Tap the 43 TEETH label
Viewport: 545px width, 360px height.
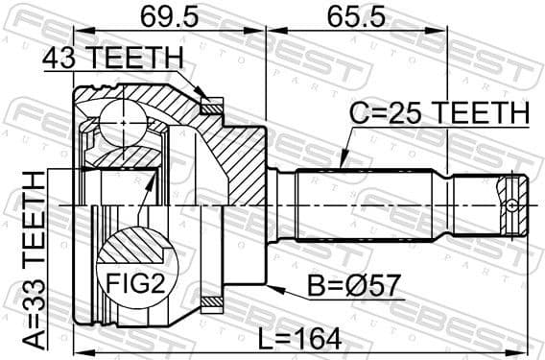point(112,60)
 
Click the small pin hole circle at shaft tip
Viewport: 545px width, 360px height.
point(515,204)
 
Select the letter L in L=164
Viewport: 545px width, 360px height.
point(266,338)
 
